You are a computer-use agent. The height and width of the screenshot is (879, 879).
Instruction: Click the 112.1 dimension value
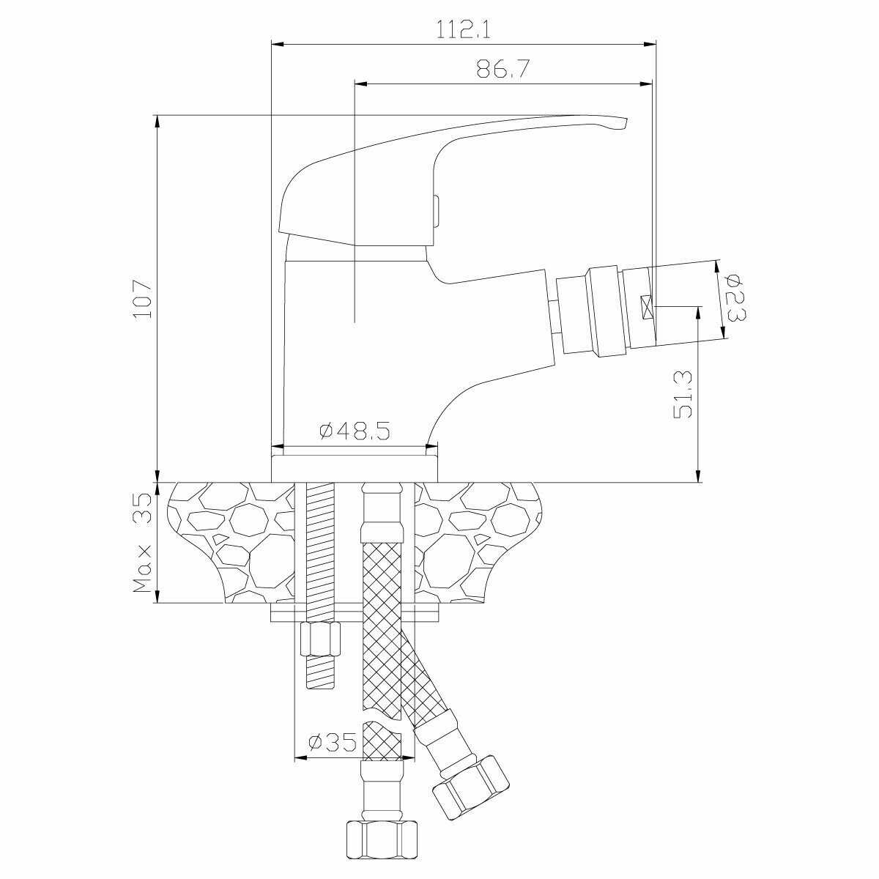(464, 30)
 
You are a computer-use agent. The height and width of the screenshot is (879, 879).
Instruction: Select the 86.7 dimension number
(503, 70)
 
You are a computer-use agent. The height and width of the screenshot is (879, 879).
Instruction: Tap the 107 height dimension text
(142, 300)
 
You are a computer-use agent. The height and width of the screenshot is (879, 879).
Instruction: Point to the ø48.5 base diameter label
(355, 431)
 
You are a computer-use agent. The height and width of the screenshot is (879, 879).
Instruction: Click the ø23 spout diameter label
(735, 297)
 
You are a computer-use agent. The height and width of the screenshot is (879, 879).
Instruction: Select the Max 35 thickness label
(142, 543)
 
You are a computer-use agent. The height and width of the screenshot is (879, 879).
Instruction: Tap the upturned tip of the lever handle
(623, 124)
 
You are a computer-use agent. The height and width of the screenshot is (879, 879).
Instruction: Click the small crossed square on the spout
(647, 308)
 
